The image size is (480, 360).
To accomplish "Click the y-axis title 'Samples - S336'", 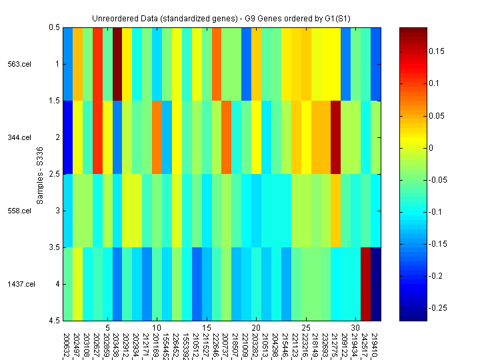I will point(40,174).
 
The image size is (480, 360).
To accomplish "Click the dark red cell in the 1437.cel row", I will point(365,284).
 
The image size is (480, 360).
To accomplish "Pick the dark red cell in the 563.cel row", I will point(117,64).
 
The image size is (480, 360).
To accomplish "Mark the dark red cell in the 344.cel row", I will point(336,137).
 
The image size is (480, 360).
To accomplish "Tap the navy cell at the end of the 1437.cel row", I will point(376,284).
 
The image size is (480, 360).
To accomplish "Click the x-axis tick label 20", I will point(256,328).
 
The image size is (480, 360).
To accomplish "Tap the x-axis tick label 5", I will point(107,328).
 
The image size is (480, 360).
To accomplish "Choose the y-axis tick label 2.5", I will point(53,174).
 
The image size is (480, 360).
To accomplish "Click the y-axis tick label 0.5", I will point(53,27).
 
